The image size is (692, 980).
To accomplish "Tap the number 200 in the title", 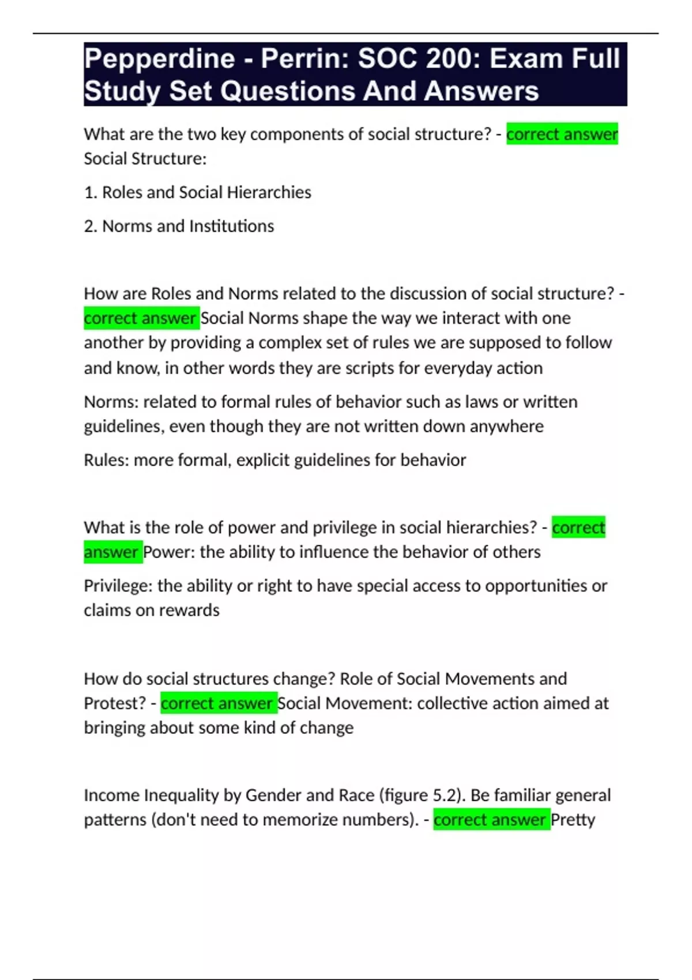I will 446,59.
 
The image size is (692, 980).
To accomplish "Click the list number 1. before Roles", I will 91,193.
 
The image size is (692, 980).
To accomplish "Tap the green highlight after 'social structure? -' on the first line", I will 562,134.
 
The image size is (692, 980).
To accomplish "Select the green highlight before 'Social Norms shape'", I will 141,318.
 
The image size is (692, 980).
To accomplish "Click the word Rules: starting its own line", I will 106,460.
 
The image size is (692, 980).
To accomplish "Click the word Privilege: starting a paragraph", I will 118,586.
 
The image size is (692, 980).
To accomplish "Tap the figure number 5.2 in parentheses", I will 443,796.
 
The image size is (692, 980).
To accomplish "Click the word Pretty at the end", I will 573,820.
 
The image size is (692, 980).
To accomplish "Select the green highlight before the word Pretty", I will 491,820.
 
